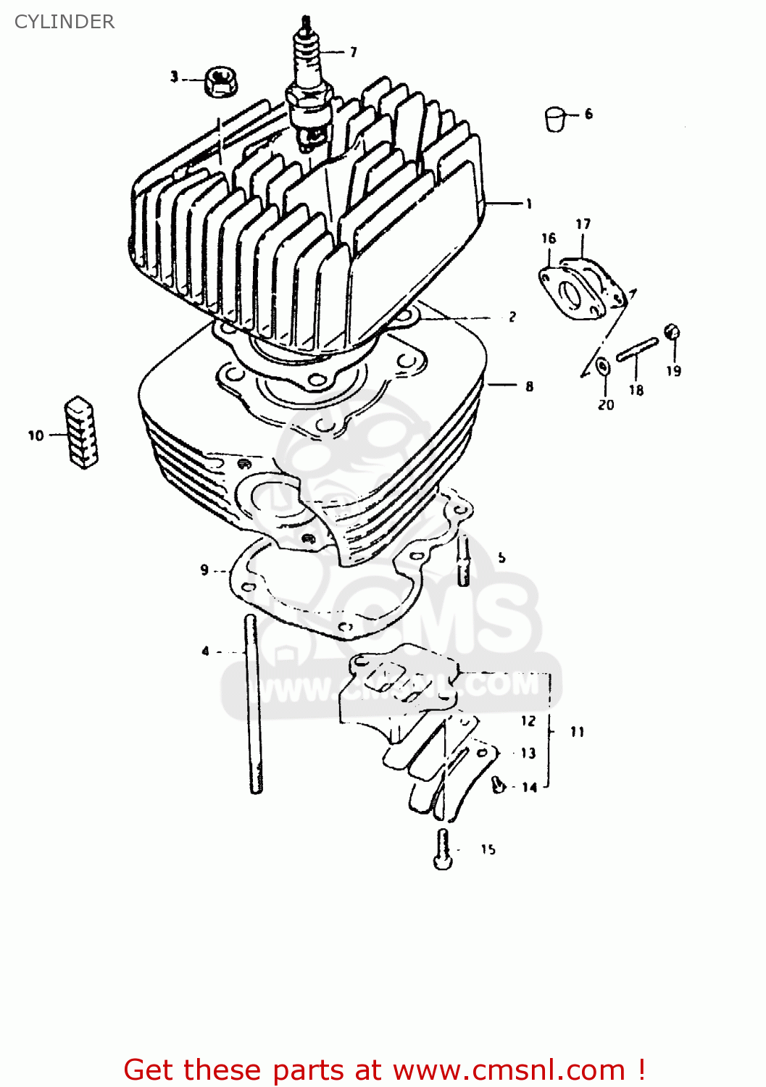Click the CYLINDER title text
[x=64, y=22]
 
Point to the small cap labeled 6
[x=555, y=119]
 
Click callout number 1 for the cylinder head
[x=529, y=204]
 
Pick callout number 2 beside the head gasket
[x=512, y=317]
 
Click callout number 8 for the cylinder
[x=530, y=386]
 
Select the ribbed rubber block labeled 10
[x=82, y=432]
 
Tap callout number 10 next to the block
[x=36, y=436]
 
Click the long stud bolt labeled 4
[x=252, y=703]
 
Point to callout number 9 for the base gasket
[x=204, y=570]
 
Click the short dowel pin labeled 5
[x=463, y=561]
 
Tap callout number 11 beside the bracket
[x=577, y=732]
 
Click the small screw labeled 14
[x=498, y=783]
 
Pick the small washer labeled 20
[x=603, y=367]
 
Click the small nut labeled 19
[x=672, y=333]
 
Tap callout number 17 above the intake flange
[x=583, y=225]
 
